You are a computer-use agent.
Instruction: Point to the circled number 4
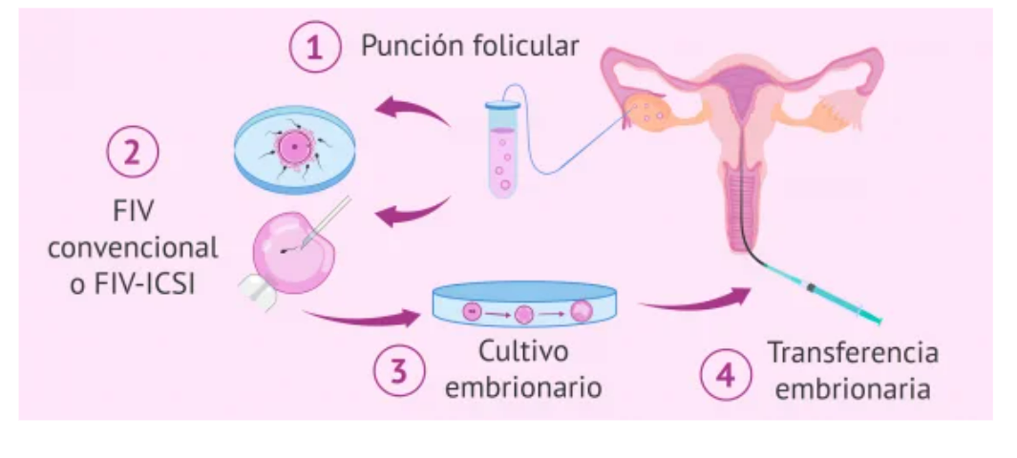coord(723,373)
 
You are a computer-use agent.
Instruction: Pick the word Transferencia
coord(853,352)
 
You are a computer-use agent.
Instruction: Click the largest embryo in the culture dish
coord(581,311)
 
